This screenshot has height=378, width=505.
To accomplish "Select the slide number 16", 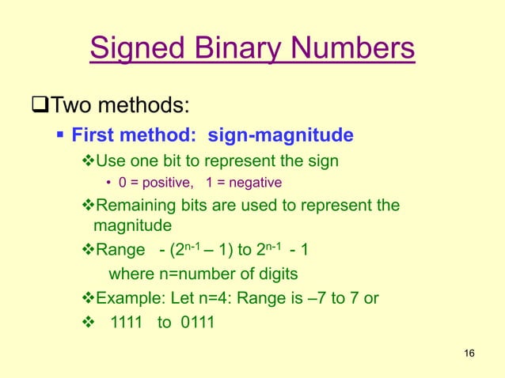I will (x=468, y=352).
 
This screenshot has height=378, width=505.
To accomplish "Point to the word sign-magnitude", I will (x=280, y=136).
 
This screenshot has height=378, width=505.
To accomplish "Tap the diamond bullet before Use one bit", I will (x=88, y=162).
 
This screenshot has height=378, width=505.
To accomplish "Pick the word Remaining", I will (x=133, y=207).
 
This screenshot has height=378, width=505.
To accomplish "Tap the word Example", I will (x=127, y=299).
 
